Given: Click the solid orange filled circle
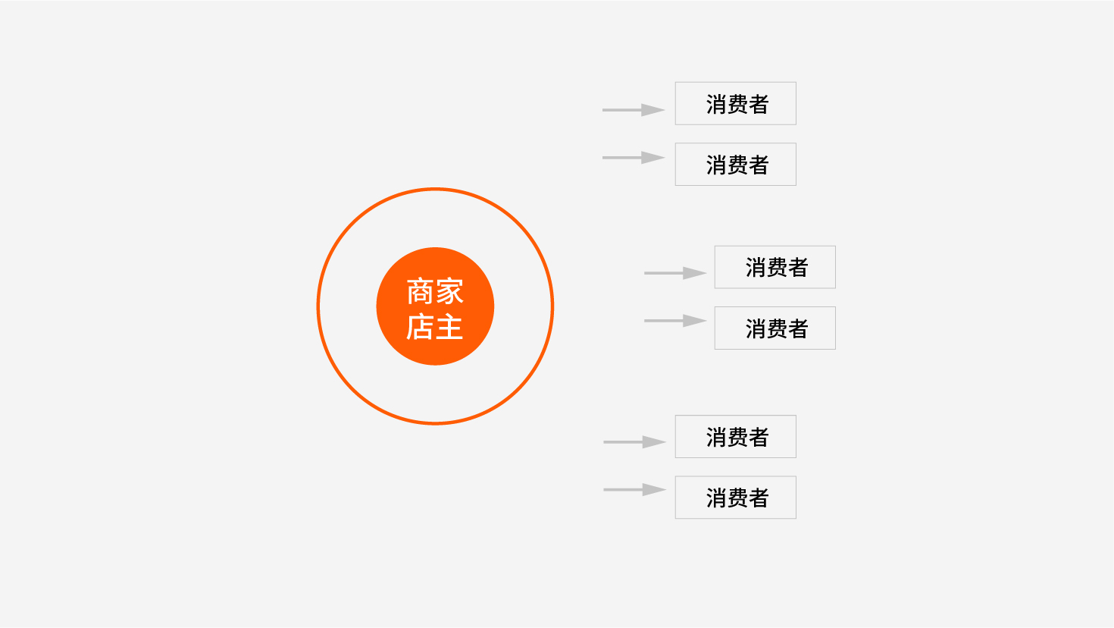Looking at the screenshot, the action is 435,306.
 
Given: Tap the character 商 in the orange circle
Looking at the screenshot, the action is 421,291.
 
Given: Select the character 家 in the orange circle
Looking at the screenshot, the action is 449,291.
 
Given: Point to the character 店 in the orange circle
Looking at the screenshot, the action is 421,327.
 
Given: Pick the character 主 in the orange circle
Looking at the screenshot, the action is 449,327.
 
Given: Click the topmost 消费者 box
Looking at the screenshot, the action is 736,103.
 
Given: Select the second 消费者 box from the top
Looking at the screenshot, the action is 736,165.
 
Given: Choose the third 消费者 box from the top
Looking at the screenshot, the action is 774,267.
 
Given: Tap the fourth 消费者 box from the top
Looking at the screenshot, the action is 774,328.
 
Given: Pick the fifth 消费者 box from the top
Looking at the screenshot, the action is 736,436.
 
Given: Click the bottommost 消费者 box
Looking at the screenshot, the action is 736,498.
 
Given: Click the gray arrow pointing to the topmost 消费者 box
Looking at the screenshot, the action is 634,109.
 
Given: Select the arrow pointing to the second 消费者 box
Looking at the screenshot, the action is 634,158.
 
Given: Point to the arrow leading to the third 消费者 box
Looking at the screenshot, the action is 675,273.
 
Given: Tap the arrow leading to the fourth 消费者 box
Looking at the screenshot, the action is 675,321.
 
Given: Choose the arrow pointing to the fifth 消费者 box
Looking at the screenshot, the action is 634,442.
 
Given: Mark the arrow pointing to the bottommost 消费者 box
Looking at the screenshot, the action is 634,490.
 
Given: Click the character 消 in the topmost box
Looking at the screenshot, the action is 716,105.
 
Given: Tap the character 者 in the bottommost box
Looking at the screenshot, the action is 759,498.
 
